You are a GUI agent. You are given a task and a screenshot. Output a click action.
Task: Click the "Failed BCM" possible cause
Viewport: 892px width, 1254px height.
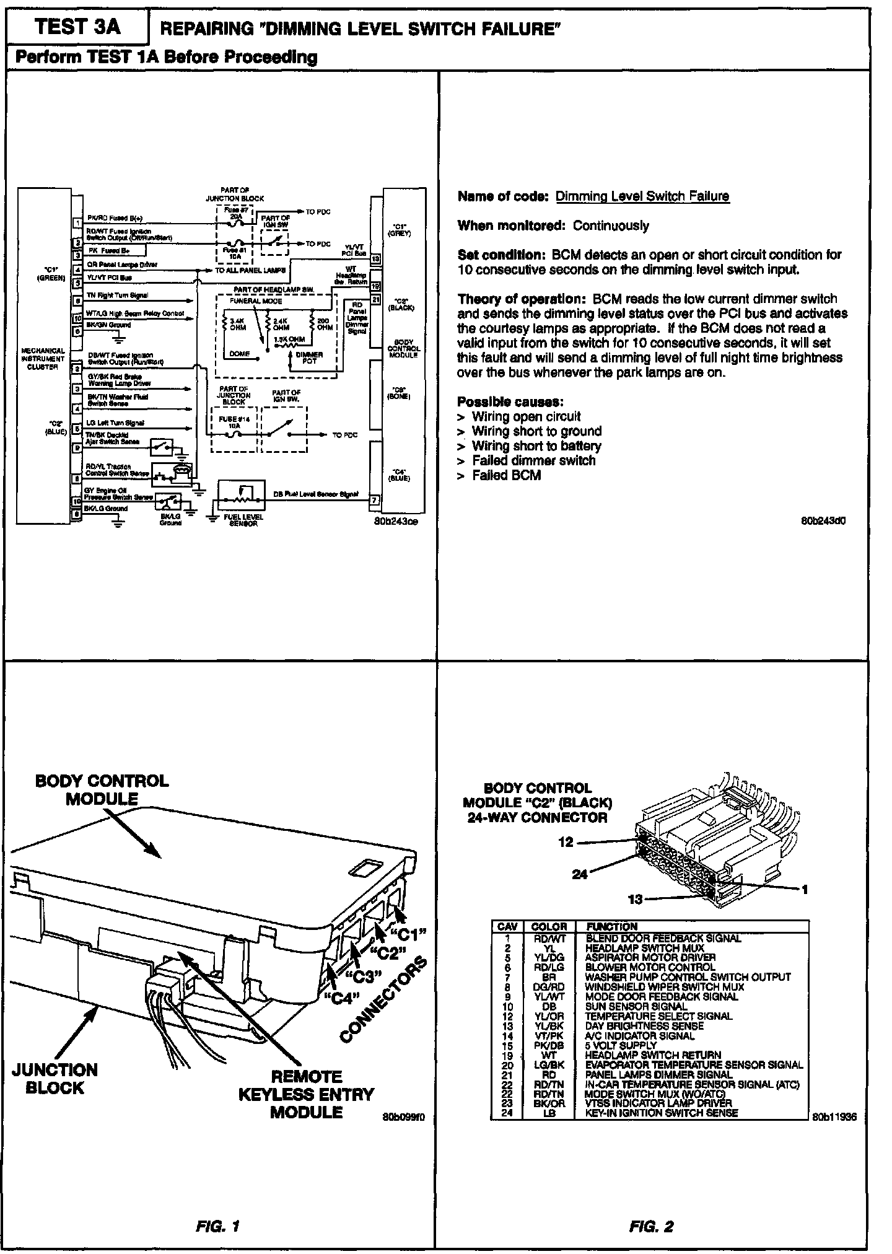coord(506,475)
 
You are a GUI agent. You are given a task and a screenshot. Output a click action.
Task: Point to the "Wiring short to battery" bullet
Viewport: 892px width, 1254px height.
coord(536,446)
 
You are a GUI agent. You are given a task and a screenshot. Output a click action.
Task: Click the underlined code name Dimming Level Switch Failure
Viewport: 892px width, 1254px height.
coord(642,196)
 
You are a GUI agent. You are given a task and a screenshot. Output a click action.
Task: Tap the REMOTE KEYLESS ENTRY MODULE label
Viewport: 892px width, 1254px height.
coord(306,1094)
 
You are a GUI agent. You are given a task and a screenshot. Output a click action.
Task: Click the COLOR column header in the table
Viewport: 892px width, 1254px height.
coord(549,927)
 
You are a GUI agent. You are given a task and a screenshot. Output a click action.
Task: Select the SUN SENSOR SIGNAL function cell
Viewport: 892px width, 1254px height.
coord(636,1007)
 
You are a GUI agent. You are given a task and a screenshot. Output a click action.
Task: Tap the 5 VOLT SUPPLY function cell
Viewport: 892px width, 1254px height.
coord(620,1045)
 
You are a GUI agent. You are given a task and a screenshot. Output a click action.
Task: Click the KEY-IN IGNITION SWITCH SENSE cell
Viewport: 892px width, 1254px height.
coord(662,1113)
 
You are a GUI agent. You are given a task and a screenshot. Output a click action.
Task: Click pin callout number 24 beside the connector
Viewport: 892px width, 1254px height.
coord(579,874)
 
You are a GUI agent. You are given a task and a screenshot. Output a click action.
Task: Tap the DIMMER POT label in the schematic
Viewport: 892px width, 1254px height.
coord(309,357)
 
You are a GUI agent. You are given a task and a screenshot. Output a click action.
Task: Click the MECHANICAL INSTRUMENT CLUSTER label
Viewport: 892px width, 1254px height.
coord(43,359)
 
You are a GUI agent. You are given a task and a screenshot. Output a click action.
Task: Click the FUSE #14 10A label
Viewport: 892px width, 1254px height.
coord(234,422)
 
